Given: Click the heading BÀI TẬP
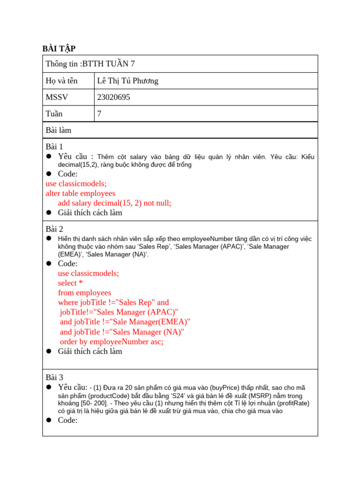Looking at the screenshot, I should (x=59, y=49).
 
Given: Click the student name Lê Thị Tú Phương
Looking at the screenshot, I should (x=127, y=81).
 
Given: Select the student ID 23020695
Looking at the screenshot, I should (x=113, y=97).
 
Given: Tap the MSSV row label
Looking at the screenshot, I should (x=57, y=97).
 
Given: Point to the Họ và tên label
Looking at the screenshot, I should (x=61, y=81).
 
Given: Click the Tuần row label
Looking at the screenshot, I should (x=54, y=113).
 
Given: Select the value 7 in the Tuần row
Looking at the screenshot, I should (x=99, y=113).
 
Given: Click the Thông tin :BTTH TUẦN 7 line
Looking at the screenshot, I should (x=90, y=64).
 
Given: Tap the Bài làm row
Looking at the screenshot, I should (x=59, y=130).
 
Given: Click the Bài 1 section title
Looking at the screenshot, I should (x=54, y=147).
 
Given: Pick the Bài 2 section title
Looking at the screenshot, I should (x=54, y=229).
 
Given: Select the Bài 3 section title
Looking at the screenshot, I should (x=54, y=377).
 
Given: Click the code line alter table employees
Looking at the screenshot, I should (x=80, y=193).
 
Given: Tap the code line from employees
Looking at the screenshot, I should (x=84, y=293).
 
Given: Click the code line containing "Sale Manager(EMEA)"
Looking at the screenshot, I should (x=125, y=322).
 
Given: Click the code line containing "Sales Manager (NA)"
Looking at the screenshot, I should (x=122, y=332).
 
